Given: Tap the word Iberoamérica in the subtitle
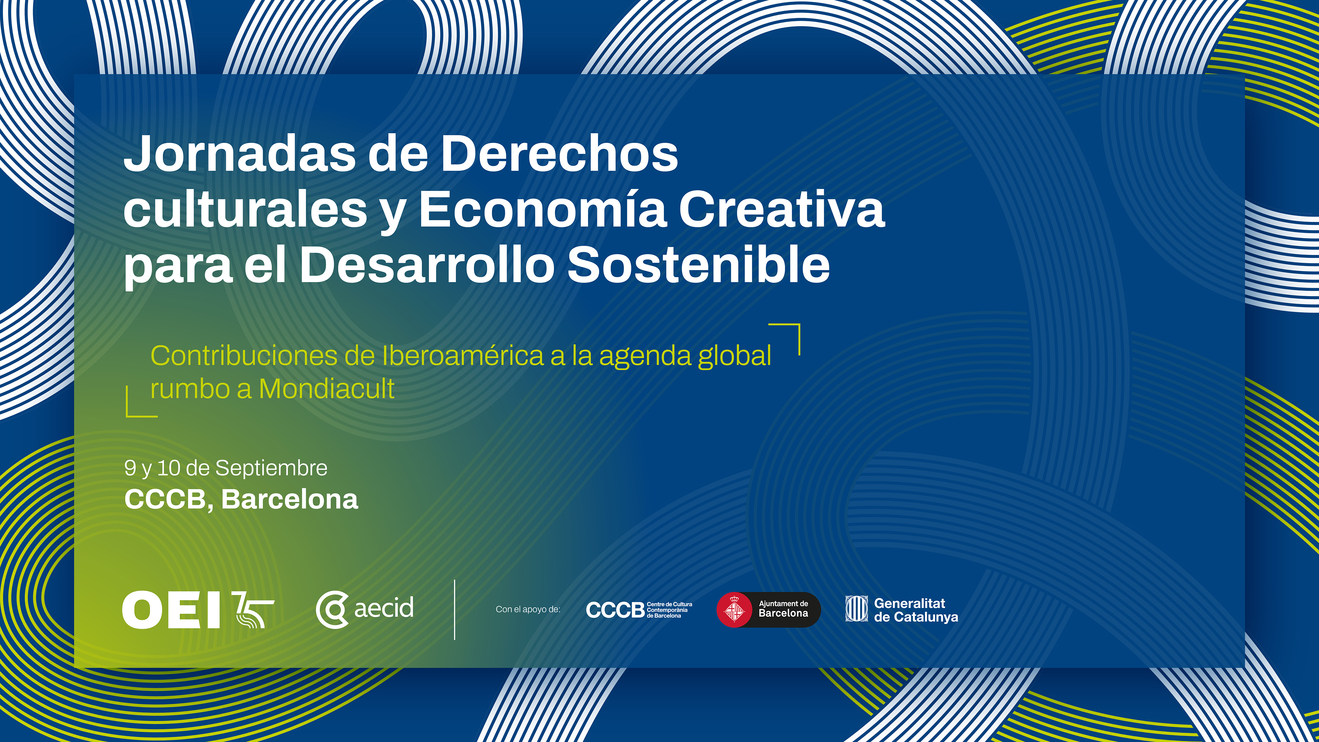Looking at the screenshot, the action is [x=463, y=356].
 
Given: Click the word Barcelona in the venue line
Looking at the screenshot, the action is [x=290, y=499].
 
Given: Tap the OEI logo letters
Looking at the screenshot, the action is [x=171, y=609].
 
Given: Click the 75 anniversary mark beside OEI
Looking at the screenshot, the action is [x=253, y=609].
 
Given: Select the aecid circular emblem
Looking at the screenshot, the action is [x=332, y=609].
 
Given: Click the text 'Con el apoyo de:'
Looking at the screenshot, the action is [x=528, y=609].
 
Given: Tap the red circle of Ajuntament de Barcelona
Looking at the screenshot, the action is [x=735, y=610].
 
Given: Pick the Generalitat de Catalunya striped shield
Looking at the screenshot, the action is [x=856, y=609].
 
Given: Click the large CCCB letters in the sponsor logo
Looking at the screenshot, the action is [x=615, y=610].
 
